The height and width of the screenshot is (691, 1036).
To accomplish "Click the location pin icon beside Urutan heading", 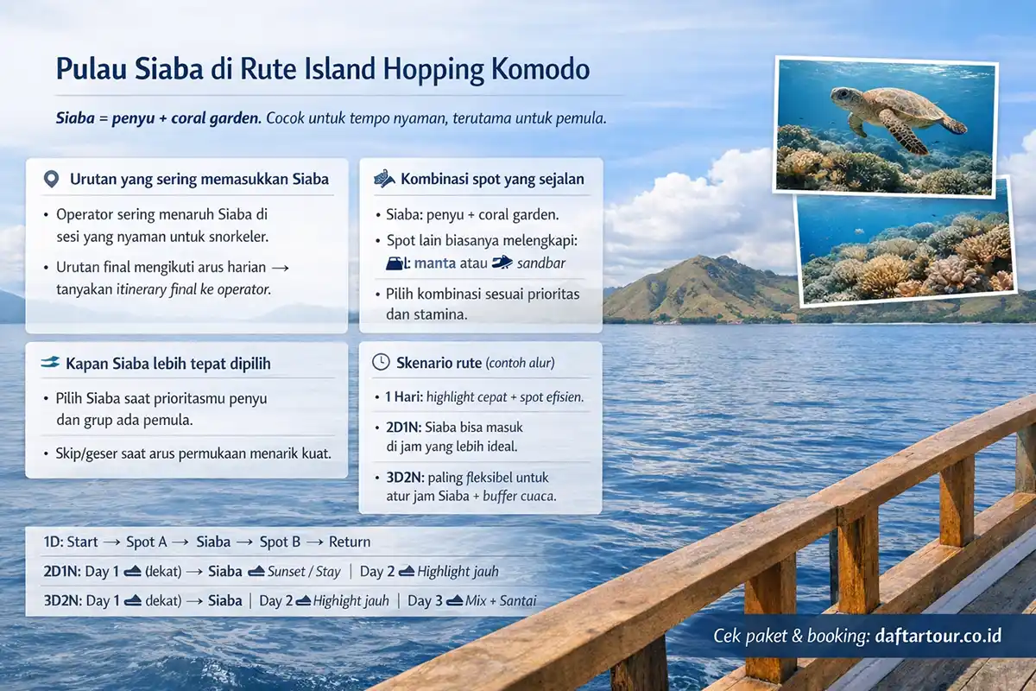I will tap(51, 180).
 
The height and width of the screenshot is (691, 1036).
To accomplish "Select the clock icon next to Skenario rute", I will tap(380, 363).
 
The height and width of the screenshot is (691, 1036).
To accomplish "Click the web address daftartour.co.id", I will tap(932, 636).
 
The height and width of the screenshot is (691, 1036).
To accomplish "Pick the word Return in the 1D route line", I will tap(350, 542).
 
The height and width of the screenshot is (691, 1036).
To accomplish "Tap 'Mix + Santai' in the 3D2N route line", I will tap(502, 601).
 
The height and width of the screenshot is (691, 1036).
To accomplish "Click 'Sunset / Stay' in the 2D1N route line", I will tap(305, 572).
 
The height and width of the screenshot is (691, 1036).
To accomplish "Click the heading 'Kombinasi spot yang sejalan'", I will tap(492, 180).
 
